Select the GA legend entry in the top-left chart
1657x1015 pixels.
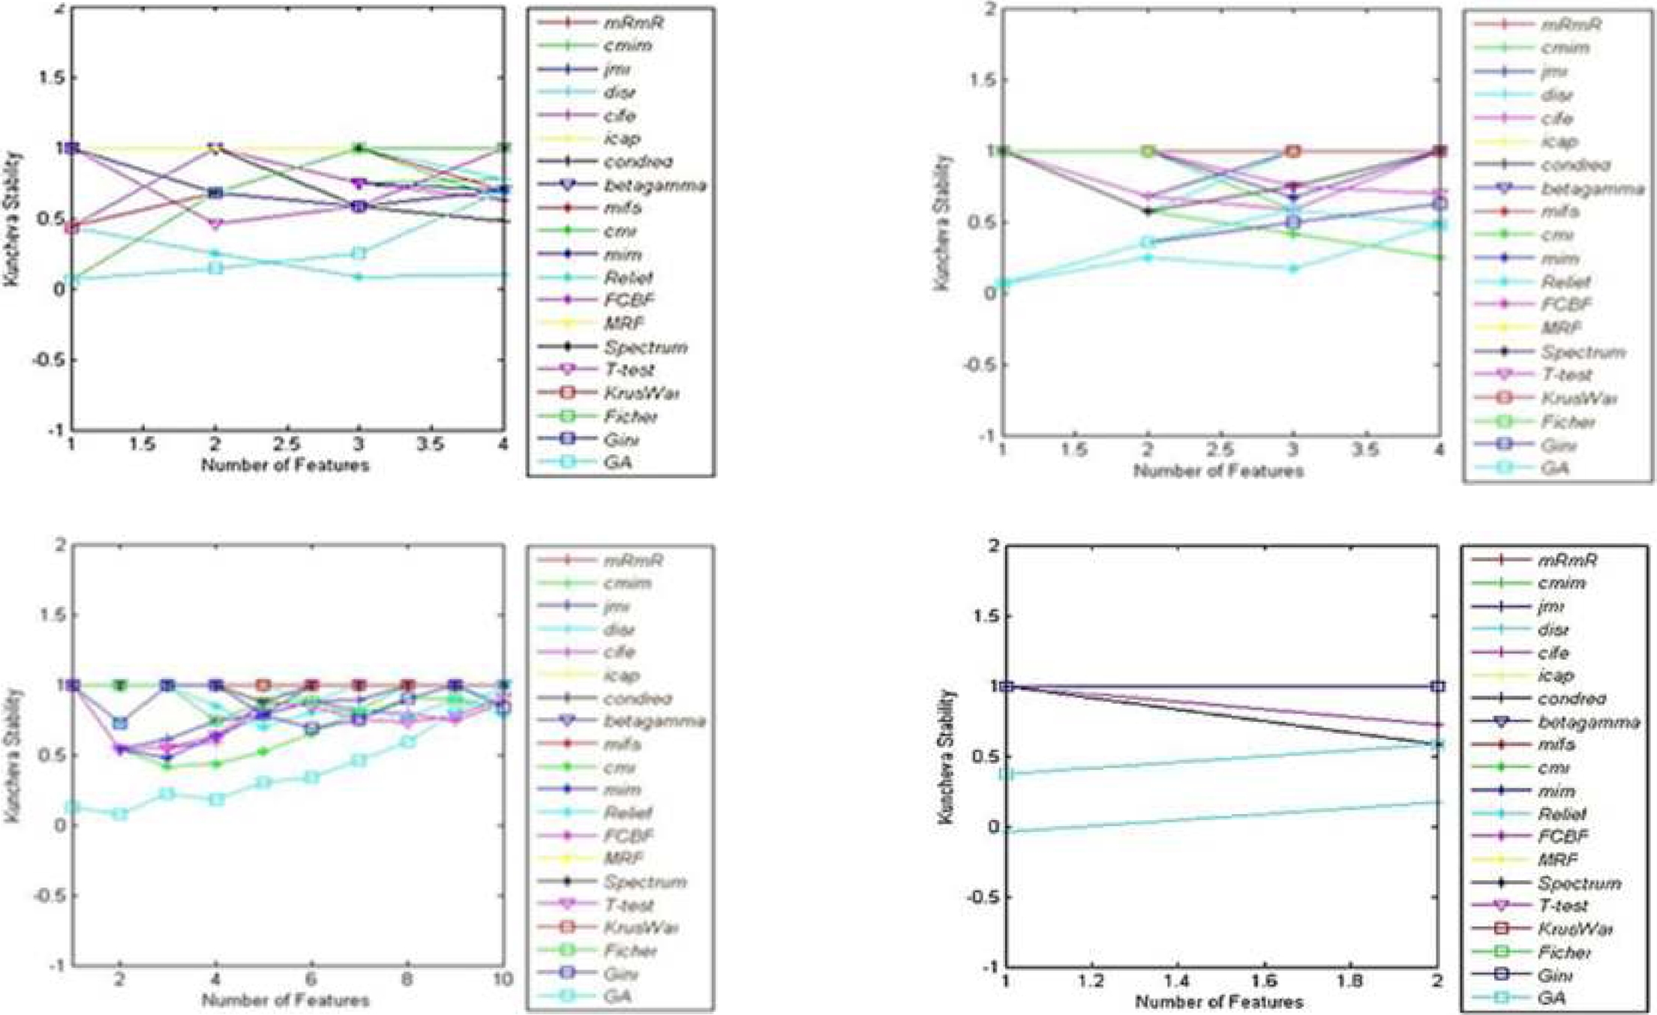617,462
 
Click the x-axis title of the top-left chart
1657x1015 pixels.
285,465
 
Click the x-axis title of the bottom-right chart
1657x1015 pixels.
1219,1002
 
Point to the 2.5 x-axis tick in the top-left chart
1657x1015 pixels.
287,444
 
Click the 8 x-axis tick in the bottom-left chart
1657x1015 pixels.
407,979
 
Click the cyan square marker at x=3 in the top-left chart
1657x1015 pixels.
359,253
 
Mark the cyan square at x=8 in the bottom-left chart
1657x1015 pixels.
407,741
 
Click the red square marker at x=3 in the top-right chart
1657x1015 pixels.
1292,151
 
